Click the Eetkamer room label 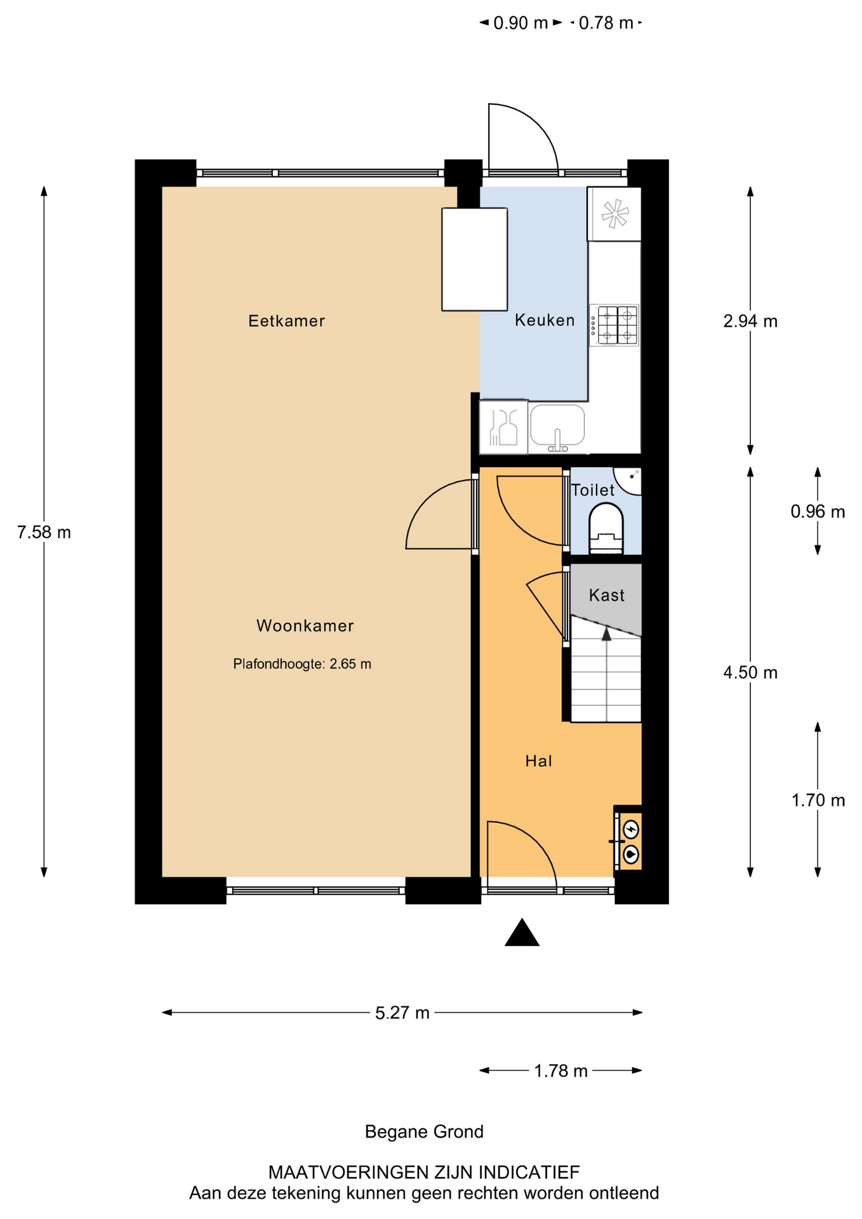pos(286,321)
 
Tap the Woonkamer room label pos(305,626)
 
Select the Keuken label pos(545,321)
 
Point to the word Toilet pos(593,490)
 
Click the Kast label pos(607,596)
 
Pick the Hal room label pos(539,761)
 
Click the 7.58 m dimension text pos(44,532)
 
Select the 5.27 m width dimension pos(402,1013)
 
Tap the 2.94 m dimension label pos(750,321)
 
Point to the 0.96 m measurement pos(818,511)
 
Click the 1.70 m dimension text pos(818,801)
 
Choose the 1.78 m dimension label pos(560,1071)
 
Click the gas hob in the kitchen pos(614,325)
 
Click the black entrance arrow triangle pos(522,933)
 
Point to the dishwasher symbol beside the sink pos(503,427)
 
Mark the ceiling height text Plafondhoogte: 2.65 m pos(302,664)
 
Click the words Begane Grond pos(424,1131)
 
